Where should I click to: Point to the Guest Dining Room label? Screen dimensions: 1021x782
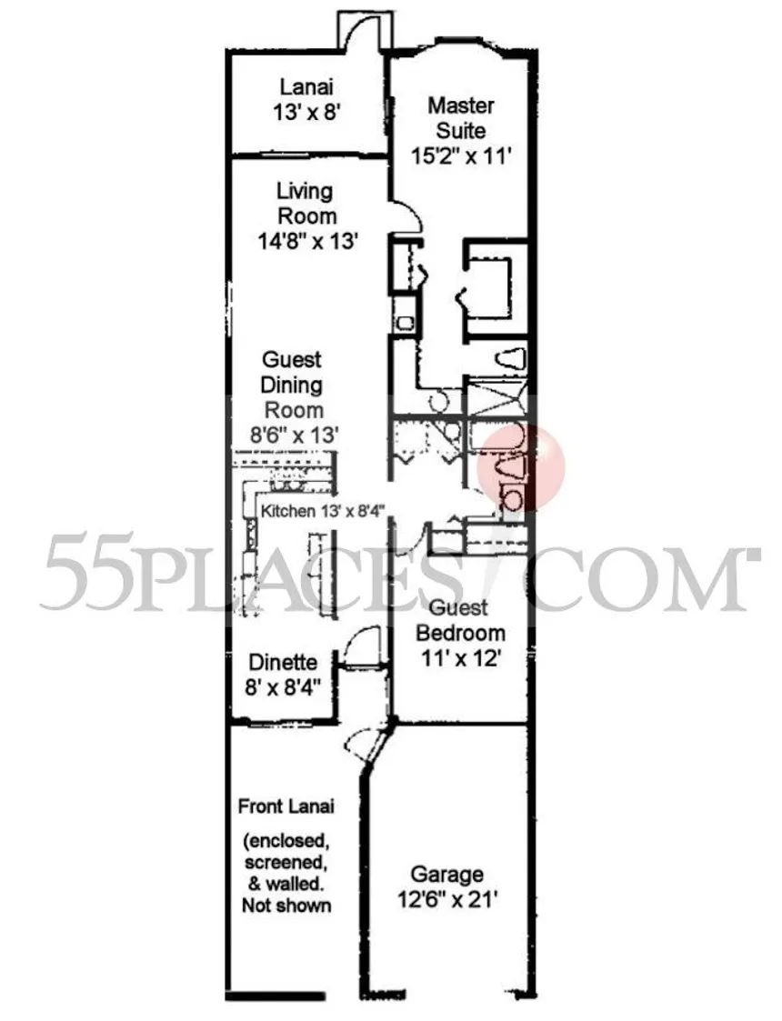(x=292, y=385)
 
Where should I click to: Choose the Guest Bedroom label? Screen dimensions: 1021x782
(x=459, y=620)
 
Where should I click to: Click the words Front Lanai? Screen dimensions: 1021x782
(x=286, y=806)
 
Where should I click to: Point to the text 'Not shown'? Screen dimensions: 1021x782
(x=286, y=906)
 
